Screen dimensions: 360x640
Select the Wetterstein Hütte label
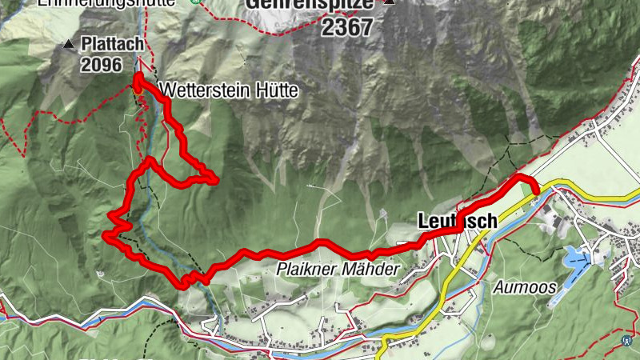[228, 91]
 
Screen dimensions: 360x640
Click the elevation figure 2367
[347, 26]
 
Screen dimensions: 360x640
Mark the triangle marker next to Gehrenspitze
[390, 2]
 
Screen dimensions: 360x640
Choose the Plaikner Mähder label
[337, 270]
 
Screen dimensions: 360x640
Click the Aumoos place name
[522, 286]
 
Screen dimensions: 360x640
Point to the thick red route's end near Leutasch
[534, 189]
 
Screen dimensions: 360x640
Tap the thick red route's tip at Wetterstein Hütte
[138, 77]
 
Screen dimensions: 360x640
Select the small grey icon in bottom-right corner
[625, 338]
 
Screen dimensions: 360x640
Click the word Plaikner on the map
[306, 270]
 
